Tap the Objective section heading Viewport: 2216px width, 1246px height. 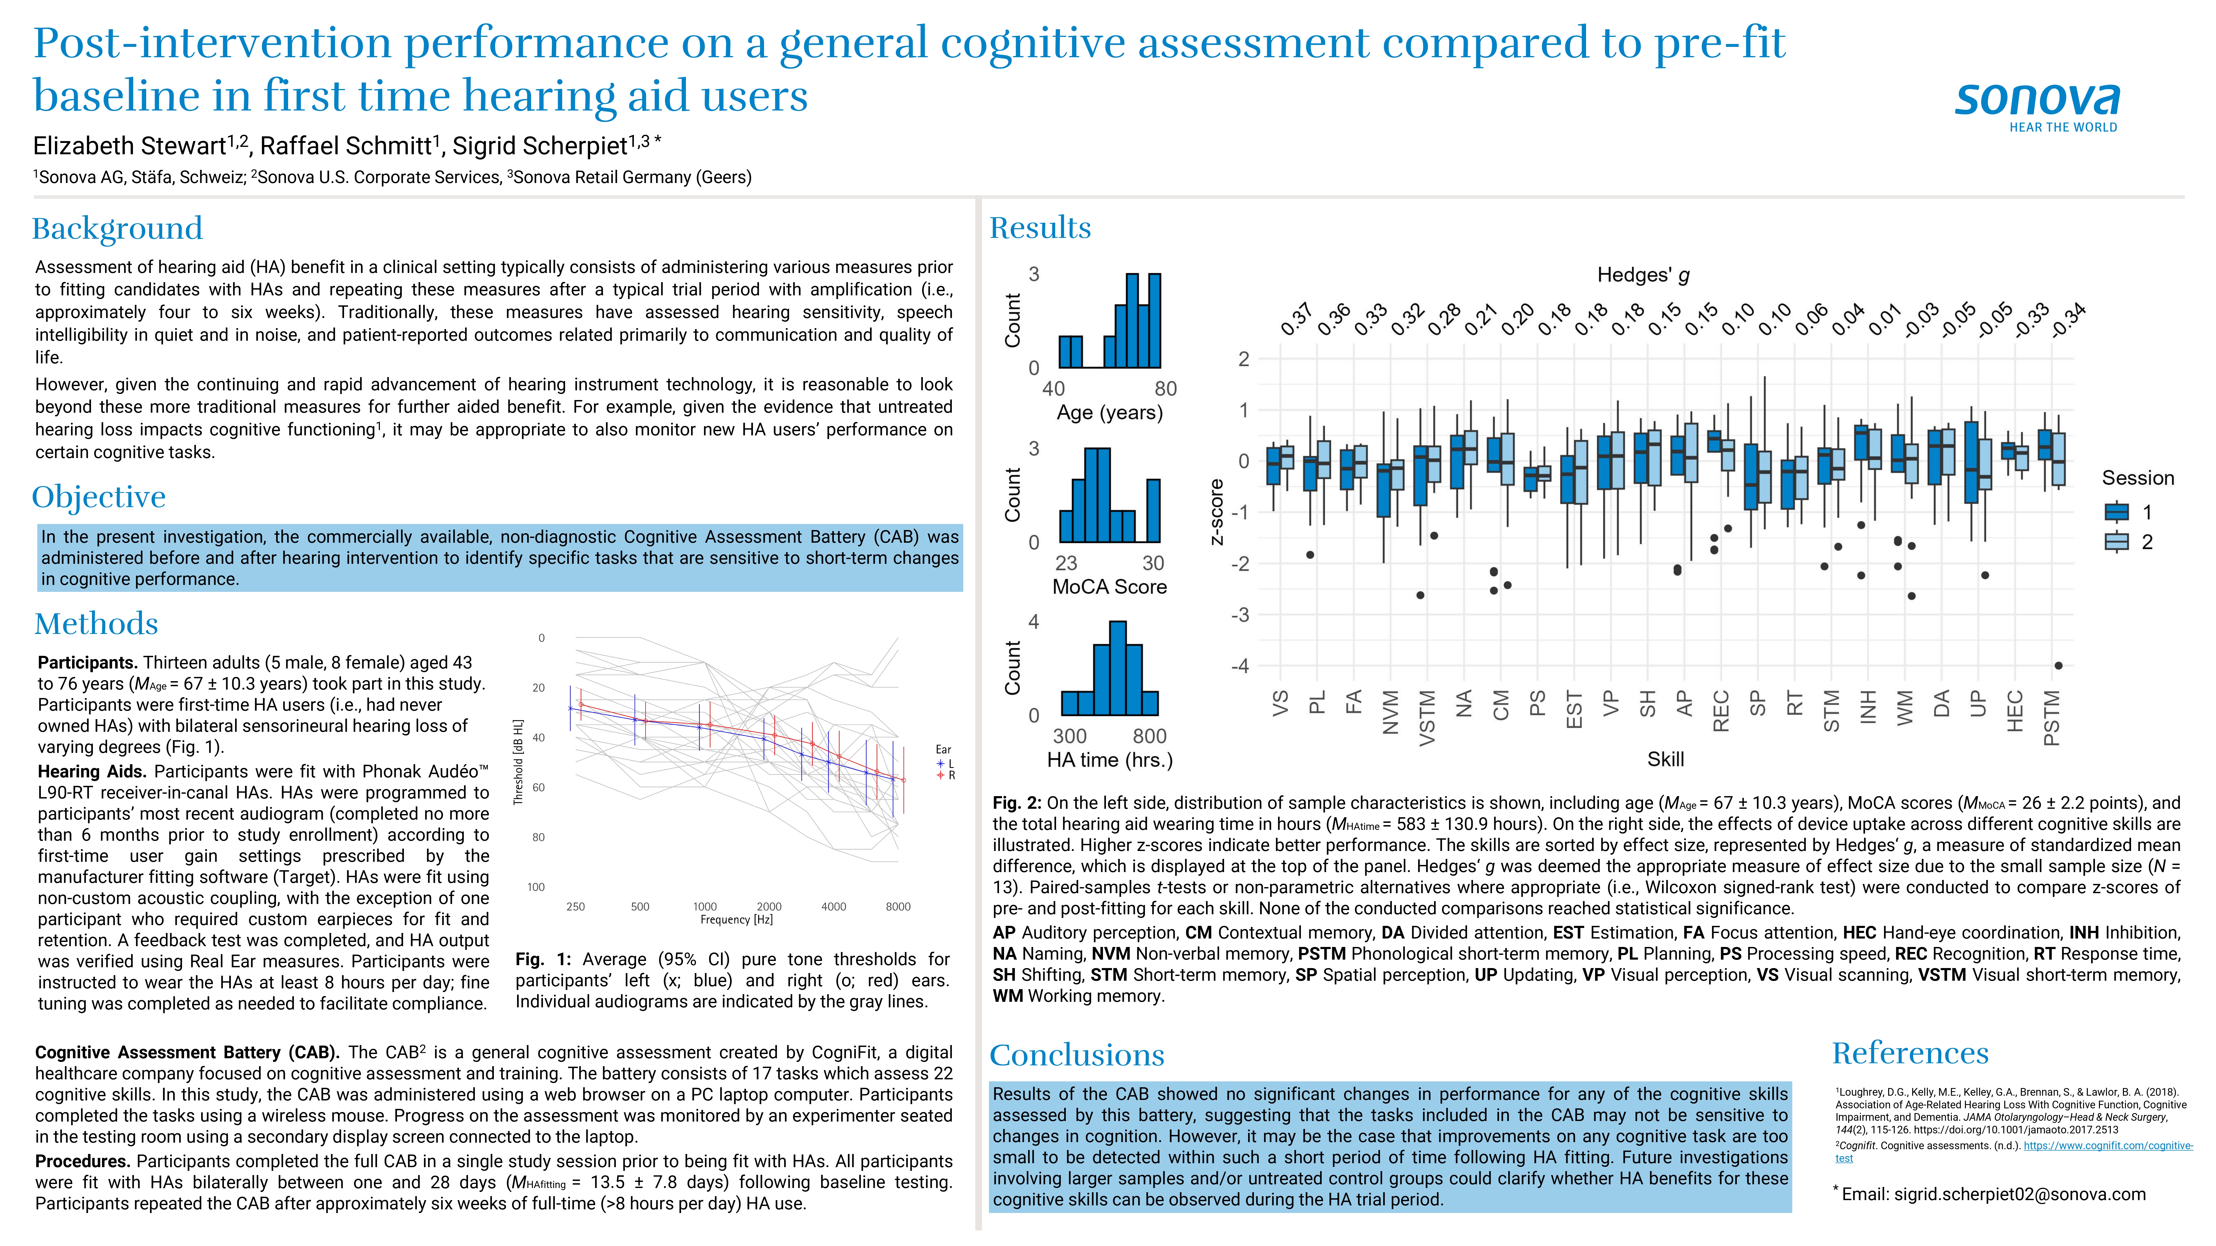99,497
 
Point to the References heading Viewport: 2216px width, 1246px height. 1910,1053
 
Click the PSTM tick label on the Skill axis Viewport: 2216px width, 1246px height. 2052,718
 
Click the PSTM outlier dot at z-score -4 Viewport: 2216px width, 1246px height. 2059,666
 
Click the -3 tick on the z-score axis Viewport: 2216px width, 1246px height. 1240,615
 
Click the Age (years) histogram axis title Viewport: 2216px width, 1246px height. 1109,413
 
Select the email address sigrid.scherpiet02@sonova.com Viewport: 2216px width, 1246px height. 2019,1194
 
